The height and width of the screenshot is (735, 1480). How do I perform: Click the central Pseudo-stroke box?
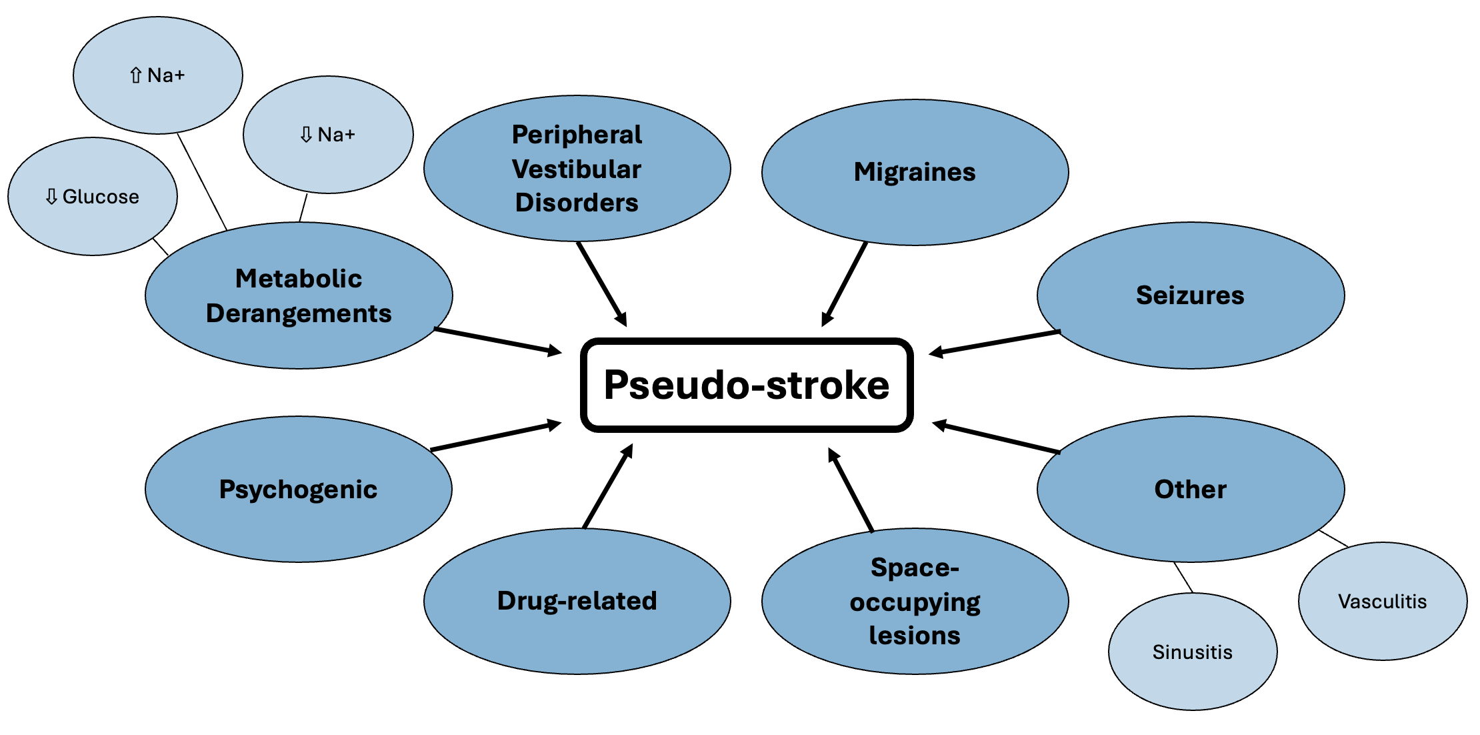coord(747,385)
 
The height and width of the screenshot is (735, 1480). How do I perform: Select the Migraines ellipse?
coord(915,172)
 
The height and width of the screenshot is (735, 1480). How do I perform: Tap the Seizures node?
coord(1190,295)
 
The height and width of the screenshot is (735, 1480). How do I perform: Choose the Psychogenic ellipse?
coord(298,489)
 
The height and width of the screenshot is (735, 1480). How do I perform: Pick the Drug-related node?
coord(577,600)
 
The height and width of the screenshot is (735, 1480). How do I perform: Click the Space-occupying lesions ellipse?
coord(915,601)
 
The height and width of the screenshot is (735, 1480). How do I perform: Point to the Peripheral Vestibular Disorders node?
coord(577,168)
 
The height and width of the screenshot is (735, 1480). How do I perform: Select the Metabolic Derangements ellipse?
coord(298,295)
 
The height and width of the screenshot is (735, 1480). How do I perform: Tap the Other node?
coord(1190,489)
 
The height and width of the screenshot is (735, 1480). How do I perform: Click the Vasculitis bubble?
coord(1382,601)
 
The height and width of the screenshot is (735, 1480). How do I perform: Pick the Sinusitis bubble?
coord(1192,652)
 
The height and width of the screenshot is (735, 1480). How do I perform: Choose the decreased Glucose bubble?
coord(93,197)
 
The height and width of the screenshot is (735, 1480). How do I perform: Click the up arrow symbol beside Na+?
coord(136,75)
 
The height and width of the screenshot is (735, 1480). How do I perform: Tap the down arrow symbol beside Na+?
coord(306,135)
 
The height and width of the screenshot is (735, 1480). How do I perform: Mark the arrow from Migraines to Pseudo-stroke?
coord(845,284)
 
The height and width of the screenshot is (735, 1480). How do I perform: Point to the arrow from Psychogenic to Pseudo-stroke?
coord(497,436)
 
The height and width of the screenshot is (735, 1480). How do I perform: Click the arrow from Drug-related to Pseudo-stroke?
coord(607,487)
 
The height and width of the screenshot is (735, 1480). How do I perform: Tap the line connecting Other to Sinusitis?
coord(1183,578)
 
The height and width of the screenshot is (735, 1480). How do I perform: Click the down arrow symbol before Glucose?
coord(51,197)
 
